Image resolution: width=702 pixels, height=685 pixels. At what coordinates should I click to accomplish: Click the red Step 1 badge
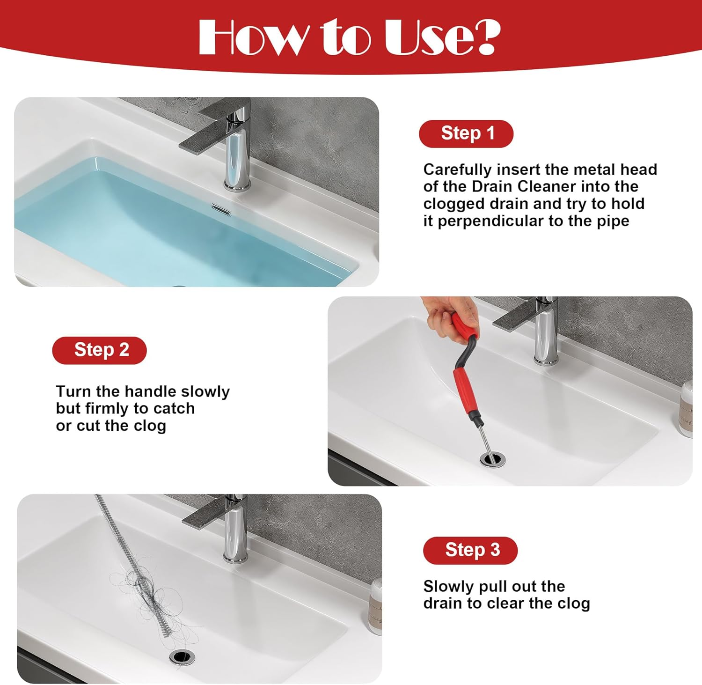tap(466, 133)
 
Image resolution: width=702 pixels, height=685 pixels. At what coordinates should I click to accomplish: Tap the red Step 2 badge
tap(99, 350)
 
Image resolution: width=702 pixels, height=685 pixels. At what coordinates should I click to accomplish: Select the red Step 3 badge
tap(470, 550)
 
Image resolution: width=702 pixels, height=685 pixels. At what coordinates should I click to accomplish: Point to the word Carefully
tap(457, 169)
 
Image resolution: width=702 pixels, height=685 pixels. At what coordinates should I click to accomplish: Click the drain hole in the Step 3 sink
tap(182, 656)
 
